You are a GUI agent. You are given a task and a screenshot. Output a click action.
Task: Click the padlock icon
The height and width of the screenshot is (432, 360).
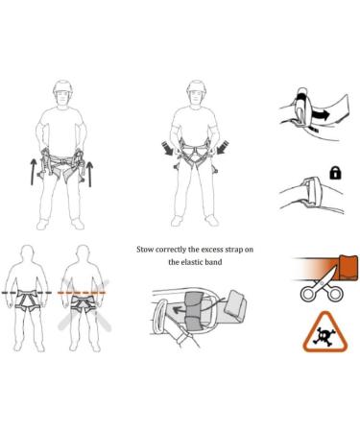click(335, 173)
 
